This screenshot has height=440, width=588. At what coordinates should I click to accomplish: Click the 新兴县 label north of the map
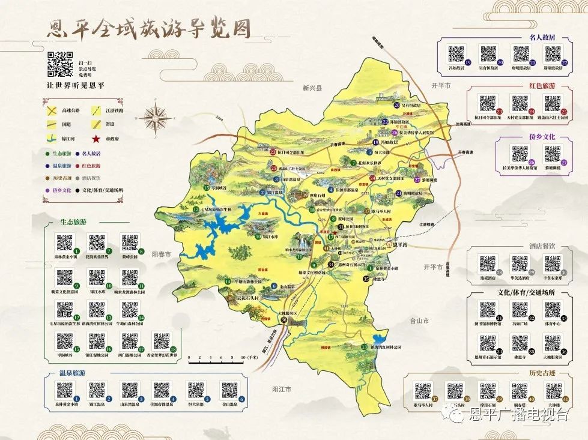(312, 88)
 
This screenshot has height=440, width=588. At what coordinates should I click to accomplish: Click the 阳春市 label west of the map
(162, 255)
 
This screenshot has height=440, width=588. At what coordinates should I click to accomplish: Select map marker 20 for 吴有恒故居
(396, 104)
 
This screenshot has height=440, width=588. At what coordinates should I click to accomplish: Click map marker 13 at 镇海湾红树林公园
(364, 348)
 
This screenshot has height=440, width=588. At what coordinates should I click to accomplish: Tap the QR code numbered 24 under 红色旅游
(520, 103)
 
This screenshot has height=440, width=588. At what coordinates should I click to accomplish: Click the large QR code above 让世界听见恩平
(60, 65)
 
